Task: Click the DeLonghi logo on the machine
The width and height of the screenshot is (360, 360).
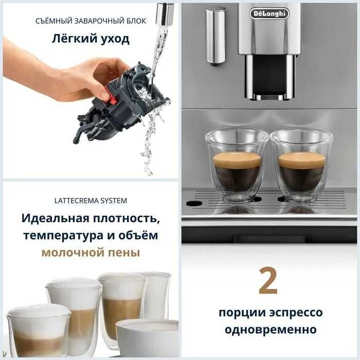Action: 269,14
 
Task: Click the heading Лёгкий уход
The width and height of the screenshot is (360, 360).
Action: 91,39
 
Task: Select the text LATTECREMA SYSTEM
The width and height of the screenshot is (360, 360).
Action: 91,200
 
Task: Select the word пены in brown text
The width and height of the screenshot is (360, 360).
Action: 124,253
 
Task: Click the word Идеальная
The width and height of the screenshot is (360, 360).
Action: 55,218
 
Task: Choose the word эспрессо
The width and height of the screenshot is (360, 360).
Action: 295,313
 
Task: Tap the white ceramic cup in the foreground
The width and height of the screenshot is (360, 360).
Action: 148,338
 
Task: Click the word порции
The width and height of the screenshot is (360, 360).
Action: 239,313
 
